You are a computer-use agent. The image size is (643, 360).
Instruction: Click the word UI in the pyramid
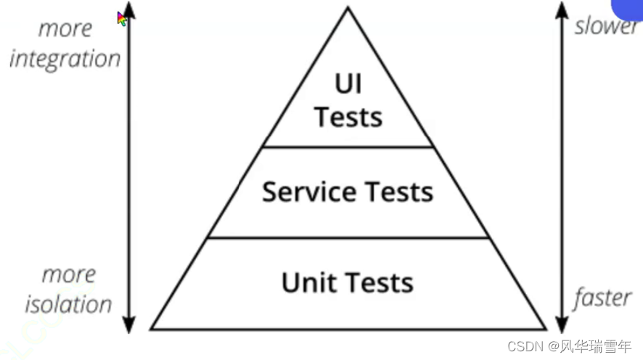[x=348, y=84]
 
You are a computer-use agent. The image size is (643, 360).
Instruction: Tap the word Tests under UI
[x=348, y=116]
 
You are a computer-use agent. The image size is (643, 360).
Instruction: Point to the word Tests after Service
[x=398, y=192]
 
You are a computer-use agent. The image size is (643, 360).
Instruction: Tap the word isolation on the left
[x=69, y=304]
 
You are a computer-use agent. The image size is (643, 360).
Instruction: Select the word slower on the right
[x=606, y=27]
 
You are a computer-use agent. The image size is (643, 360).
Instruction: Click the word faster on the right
[x=602, y=298]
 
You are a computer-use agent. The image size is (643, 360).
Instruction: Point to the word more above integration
[x=65, y=29]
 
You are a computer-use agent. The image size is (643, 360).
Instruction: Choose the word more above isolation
[x=69, y=275]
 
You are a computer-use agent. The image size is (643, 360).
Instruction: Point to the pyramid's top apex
[x=348, y=8]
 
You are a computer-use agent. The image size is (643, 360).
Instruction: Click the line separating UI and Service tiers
[x=348, y=147]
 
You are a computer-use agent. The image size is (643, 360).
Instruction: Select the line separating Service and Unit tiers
[x=348, y=237]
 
